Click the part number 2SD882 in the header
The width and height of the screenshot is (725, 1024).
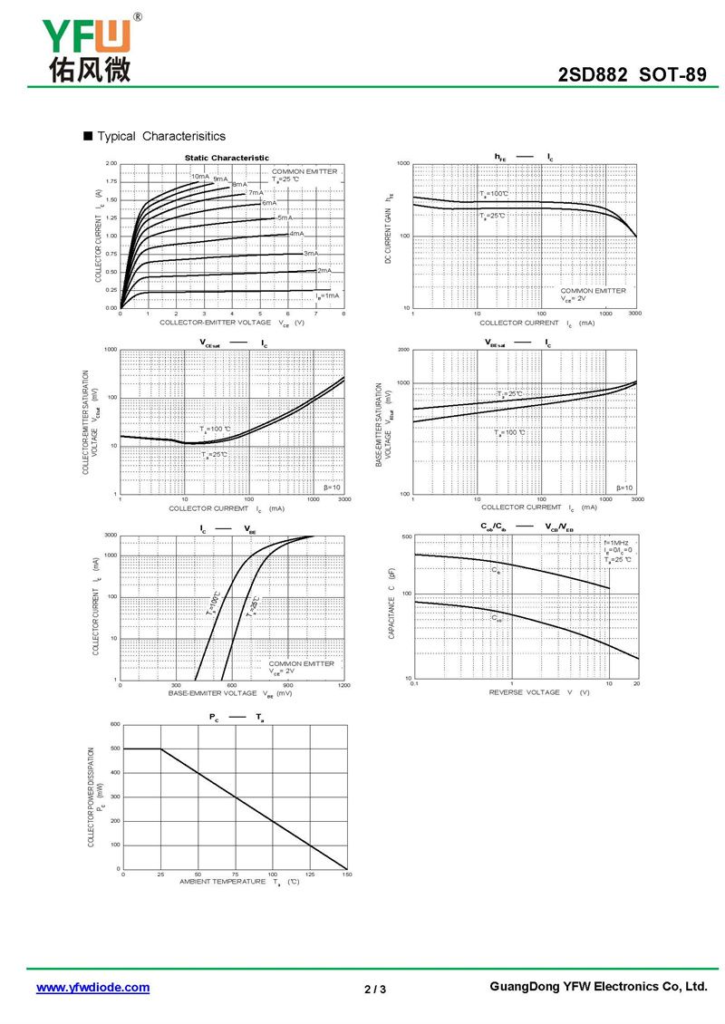(x=593, y=75)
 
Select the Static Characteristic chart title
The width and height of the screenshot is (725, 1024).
(x=227, y=158)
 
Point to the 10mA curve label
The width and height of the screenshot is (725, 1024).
(x=199, y=176)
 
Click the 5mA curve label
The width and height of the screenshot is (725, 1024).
(x=285, y=217)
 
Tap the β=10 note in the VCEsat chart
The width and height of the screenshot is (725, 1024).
(x=332, y=488)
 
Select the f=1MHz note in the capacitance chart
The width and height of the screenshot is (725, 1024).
(x=616, y=542)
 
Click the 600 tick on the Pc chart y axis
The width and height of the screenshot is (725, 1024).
(x=114, y=724)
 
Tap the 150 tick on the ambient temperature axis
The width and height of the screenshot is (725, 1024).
(x=345, y=874)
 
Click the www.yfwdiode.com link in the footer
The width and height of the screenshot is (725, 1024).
(x=92, y=988)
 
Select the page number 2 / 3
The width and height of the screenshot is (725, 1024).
(x=375, y=989)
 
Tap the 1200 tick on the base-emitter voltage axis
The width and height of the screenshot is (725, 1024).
(x=343, y=686)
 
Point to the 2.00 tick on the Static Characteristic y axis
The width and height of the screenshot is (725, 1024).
(x=111, y=163)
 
